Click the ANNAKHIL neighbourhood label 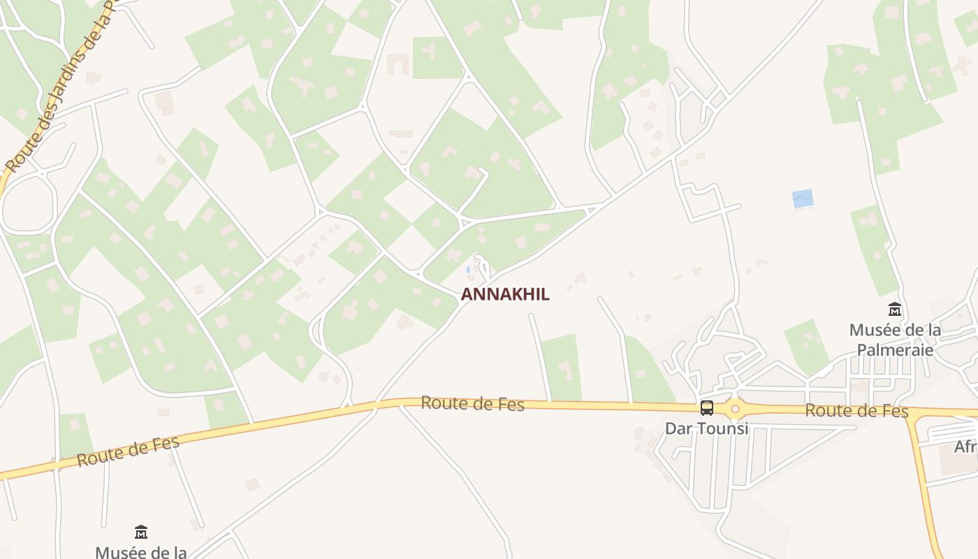(505, 294)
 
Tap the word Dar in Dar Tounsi (678, 428)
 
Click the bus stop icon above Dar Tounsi (707, 408)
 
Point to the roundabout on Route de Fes (735, 409)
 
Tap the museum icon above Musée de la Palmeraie (895, 309)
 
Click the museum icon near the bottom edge (141, 532)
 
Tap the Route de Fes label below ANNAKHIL (472, 403)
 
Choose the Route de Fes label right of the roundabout (856, 411)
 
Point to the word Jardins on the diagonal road (66, 77)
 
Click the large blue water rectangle (803, 198)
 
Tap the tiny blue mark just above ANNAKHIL (467, 269)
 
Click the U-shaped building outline (397, 65)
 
